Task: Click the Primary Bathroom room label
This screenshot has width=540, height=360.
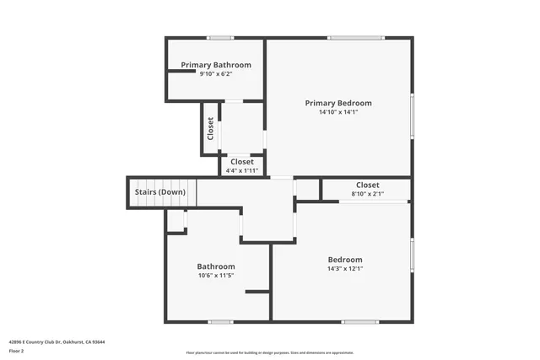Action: [216, 65]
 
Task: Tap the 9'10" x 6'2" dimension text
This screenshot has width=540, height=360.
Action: [216, 74]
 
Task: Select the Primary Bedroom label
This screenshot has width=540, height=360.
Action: [338, 103]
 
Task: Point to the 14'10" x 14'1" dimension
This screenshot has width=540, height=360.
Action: [338, 112]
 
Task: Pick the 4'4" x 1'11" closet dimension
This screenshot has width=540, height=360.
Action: [241, 171]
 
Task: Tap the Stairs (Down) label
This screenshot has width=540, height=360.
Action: [159, 191]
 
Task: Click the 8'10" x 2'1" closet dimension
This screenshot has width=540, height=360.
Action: [367, 194]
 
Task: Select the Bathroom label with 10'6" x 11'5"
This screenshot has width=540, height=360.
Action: [216, 266]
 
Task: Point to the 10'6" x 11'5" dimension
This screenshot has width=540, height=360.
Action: [216, 276]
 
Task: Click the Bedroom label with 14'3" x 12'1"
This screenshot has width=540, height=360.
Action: [345, 260]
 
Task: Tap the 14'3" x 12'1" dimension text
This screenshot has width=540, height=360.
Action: [345, 269]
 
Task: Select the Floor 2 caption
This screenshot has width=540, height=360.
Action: [17, 350]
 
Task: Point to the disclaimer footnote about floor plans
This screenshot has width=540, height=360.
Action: [270, 352]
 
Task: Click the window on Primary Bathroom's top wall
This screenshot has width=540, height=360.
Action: [221, 37]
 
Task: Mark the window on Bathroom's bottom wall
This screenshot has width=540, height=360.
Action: [220, 321]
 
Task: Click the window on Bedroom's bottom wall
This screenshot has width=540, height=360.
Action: [359, 321]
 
